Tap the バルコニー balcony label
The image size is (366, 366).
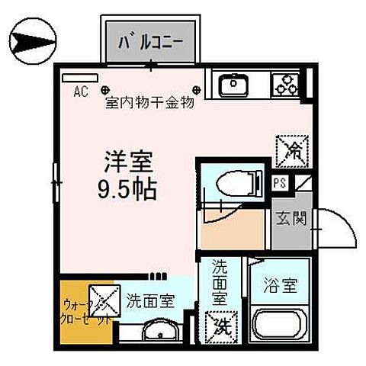155,40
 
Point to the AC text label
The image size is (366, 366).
80,92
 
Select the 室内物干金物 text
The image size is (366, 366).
149,102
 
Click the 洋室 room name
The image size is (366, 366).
128,162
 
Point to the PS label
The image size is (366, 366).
281,184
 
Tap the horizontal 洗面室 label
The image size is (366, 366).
151,300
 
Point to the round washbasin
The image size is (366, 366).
158,332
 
